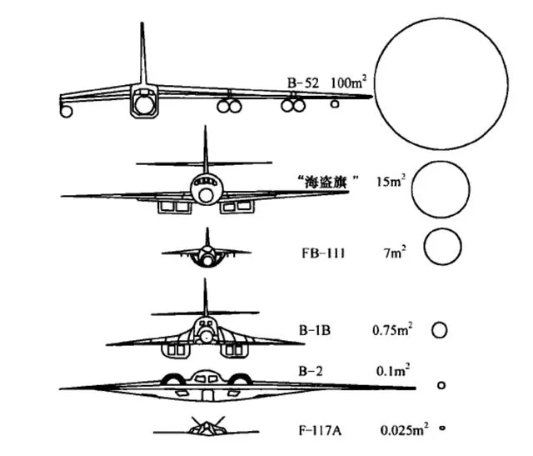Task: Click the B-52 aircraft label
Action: coord(303,83)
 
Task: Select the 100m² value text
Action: coord(349,83)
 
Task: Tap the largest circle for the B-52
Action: coord(375,83)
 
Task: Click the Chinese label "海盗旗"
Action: coord(326,182)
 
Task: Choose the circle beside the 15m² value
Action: coord(411,189)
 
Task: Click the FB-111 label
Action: coord(323,253)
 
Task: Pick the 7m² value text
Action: coord(395,253)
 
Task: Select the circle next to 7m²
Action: coord(424,247)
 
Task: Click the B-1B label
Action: coord(315,330)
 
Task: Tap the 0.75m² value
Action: coord(392,329)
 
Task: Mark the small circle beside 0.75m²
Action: coord(432,330)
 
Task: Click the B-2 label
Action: coord(311,371)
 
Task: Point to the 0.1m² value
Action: coord(392,370)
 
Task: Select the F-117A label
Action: coord(320,431)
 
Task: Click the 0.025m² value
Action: coord(404,430)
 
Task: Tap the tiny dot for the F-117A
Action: coord(442,428)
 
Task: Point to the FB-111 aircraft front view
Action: coord(207,253)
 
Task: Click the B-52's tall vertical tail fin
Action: coord(142,54)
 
